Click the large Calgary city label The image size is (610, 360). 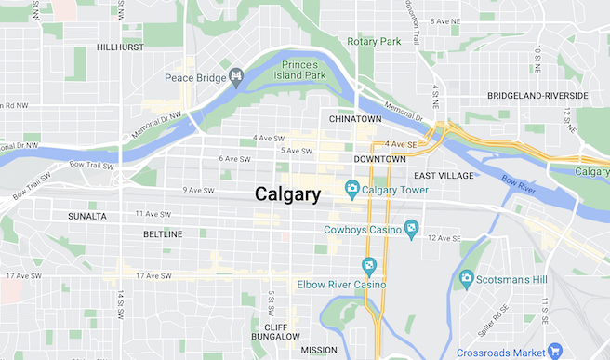pyautogui.click(x=287, y=194)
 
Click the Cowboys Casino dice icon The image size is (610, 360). pyautogui.click(x=410, y=229)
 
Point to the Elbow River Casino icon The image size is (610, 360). pyautogui.click(x=369, y=266)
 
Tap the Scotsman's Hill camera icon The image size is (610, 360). pyautogui.click(x=467, y=277)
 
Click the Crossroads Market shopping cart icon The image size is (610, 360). pyautogui.click(x=555, y=350)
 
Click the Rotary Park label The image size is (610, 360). pyautogui.click(x=373, y=42)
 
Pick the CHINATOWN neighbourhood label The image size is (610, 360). pyautogui.click(x=355, y=119)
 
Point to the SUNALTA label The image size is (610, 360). pyautogui.click(x=87, y=216)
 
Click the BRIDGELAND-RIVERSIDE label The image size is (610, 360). pyautogui.click(x=537, y=96)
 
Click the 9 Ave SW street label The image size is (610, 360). pyautogui.click(x=198, y=190)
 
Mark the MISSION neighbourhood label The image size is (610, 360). pyautogui.click(x=319, y=350)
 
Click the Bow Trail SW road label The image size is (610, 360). pyautogui.click(x=90, y=166)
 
